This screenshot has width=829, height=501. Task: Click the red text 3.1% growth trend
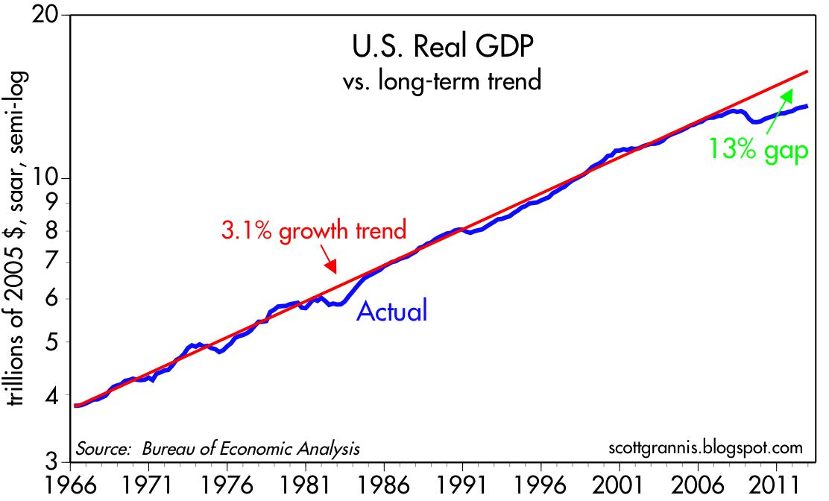(x=314, y=230)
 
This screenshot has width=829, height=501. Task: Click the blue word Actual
(x=392, y=310)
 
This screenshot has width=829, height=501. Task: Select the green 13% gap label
(x=758, y=150)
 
